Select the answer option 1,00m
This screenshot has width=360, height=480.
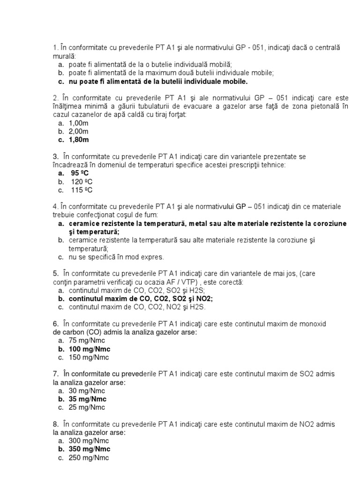(x=78, y=123)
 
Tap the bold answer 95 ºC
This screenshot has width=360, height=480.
(x=80, y=173)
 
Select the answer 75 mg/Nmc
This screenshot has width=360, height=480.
(x=88, y=341)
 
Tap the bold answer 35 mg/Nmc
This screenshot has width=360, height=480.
(x=87, y=399)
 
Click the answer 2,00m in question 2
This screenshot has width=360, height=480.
(x=78, y=131)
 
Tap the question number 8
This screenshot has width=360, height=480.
(x=55, y=424)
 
